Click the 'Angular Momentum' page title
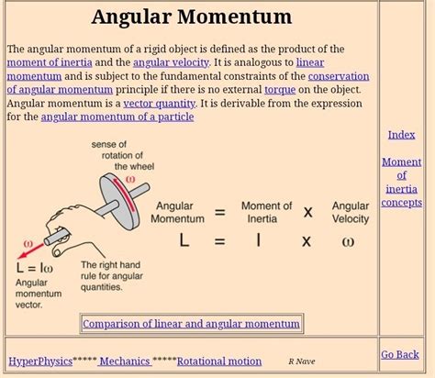click(192, 17)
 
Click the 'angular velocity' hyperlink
click(171, 61)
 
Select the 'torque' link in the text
click(280, 89)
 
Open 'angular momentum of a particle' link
click(117, 117)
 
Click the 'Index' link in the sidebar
click(401, 135)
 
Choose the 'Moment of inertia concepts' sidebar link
click(401, 182)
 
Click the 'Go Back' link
click(400, 354)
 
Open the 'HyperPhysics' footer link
click(39, 361)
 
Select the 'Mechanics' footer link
click(124, 361)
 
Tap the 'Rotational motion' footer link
click(219, 361)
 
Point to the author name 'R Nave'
click(301, 361)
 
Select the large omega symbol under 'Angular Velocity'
click(347, 241)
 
